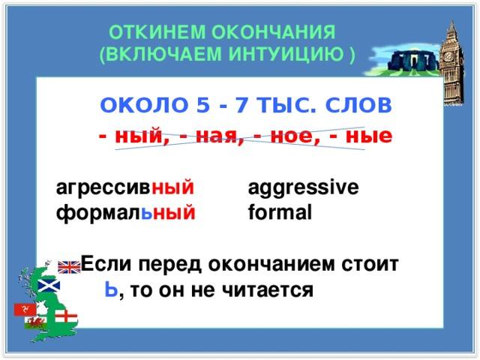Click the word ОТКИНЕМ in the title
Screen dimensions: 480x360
[157, 32]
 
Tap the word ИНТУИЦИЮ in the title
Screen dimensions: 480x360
[286, 54]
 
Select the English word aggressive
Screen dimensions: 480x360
[303, 187]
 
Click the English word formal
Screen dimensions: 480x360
[280, 211]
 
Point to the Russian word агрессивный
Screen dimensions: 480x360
[125, 187]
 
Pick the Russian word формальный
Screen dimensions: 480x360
[125, 212]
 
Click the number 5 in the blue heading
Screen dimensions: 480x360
[203, 105]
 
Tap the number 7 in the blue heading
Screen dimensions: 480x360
[241, 105]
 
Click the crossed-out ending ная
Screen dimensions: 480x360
[216, 136]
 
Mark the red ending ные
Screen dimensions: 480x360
[369, 136]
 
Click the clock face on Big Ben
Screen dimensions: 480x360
[448, 56]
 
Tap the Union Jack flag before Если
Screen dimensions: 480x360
[69, 267]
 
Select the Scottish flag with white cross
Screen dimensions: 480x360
[49, 285]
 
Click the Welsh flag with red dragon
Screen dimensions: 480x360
[36, 323]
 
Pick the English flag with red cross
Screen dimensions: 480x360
[66, 316]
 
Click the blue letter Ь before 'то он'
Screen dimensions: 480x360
[111, 289]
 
